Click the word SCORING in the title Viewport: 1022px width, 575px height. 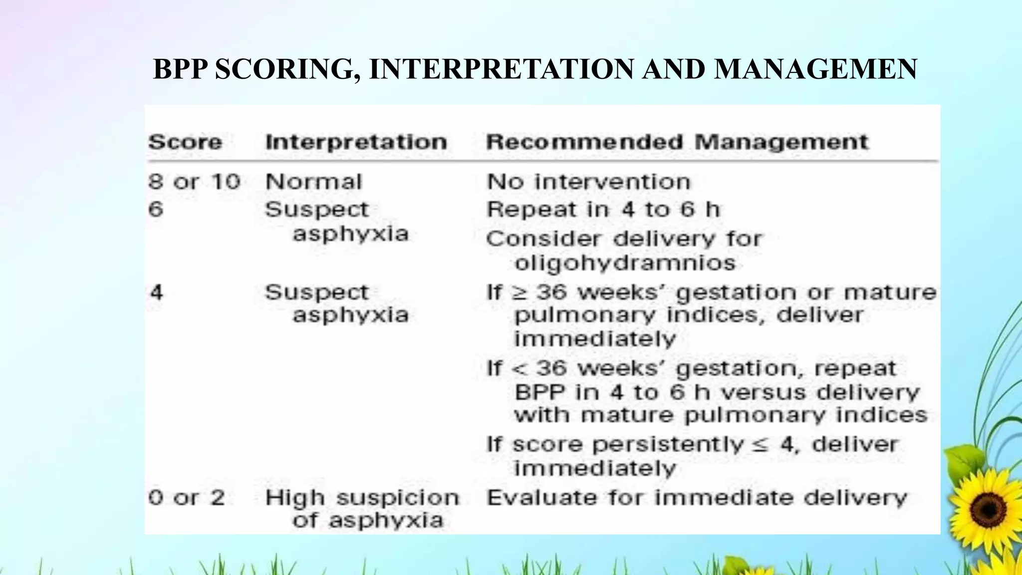click(288, 69)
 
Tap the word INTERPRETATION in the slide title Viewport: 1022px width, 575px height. click(501, 69)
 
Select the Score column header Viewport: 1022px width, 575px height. click(185, 142)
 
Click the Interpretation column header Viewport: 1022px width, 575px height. click(356, 142)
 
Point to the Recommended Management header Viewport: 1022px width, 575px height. click(677, 142)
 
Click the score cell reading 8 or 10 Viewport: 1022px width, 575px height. click(194, 181)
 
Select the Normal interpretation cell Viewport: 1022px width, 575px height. click(313, 181)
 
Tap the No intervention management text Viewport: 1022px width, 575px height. click(588, 181)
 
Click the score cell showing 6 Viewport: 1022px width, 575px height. click(156, 209)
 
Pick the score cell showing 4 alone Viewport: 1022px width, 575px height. click(156, 291)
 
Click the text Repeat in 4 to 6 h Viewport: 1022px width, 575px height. click(603, 209)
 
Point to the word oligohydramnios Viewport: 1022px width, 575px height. click(625, 263)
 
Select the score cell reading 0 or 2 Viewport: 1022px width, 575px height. click(186, 497)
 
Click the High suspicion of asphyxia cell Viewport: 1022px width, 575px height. click(362, 508)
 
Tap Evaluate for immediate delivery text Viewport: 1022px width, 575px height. click(696, 497)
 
